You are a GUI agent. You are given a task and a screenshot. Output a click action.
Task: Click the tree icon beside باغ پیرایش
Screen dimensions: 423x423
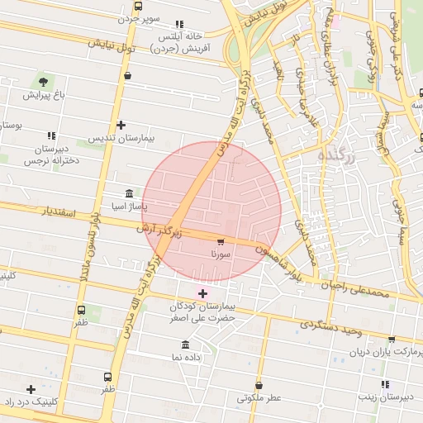42,82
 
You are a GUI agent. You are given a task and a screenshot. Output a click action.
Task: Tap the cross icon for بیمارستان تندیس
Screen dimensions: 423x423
121,125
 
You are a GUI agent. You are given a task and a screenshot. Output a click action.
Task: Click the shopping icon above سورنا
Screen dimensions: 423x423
220,242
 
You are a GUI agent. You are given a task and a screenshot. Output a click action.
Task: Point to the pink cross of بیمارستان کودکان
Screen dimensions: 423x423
202,293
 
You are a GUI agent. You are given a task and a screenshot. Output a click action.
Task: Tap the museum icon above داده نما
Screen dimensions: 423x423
184,344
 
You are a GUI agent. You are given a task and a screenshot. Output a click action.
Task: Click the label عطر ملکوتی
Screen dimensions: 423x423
259,397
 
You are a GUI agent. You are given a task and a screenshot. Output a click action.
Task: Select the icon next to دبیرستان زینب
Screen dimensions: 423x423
385,384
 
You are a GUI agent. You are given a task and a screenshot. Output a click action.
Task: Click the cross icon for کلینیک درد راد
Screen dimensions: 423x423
31,388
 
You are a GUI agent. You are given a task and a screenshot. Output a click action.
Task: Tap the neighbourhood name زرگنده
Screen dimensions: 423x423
336,155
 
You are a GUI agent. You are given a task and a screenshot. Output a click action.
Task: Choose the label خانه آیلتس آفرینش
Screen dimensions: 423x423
181,42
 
